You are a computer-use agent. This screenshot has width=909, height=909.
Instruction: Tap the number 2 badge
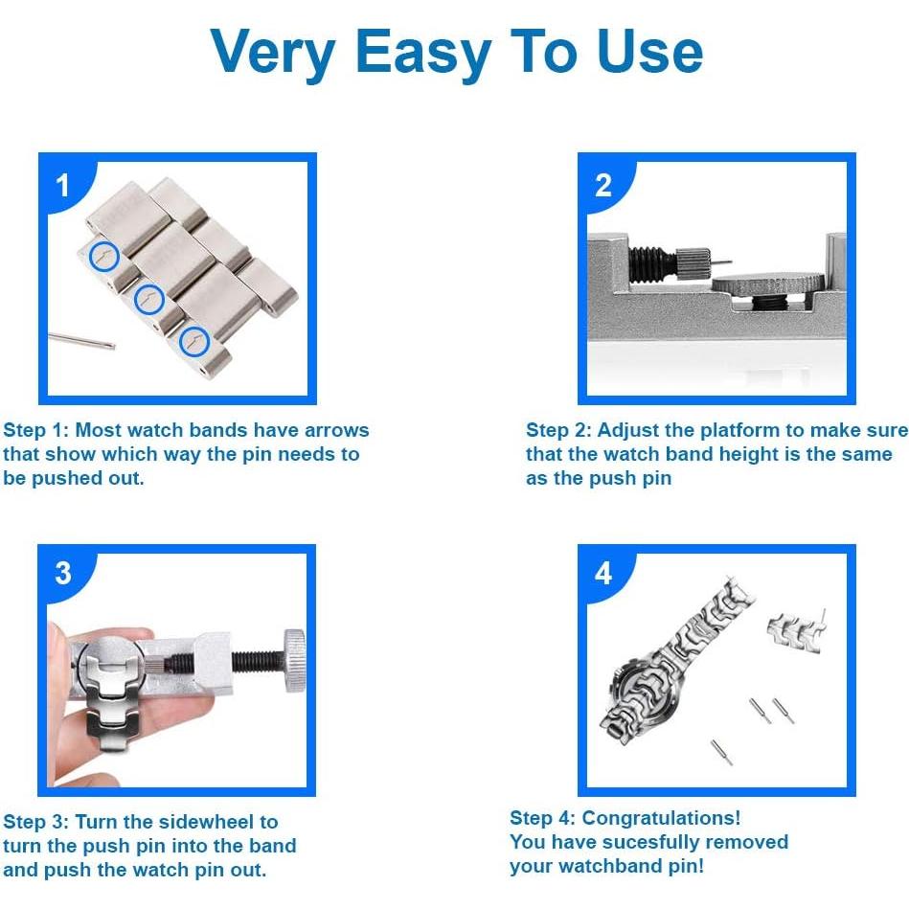tap(603, 184)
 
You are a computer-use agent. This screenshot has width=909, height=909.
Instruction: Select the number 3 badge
tap(63, 573)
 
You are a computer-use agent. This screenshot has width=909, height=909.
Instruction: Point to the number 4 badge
tap(603, 573)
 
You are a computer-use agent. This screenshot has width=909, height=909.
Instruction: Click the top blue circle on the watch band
tap(104, 255)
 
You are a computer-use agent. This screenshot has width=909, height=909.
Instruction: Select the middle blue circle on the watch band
tap(148, 299)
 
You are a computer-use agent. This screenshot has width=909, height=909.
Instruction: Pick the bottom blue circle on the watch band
tap(194, 340)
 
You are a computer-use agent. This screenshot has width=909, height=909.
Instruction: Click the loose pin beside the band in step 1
tap(81, 339)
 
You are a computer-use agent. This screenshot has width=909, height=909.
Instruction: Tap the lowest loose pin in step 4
tap(721, 751)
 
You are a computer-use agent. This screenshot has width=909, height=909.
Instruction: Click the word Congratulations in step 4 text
tap(661, 818)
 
